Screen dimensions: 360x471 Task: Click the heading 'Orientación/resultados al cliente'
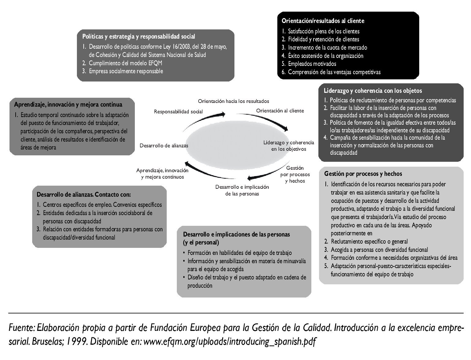[x=323, y=21]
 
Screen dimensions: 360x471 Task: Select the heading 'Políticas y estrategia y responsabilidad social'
[x=139, y=36]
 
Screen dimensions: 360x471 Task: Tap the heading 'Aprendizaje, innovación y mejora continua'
[x=68, y=104]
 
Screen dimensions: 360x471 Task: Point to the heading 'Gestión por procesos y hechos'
[x=363, y=174]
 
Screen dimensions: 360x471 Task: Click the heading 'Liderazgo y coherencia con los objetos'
[x=373, y=91]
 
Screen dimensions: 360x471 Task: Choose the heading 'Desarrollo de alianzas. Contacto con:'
[x=83, y=195]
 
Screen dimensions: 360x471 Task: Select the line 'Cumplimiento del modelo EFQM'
[x=125, y=63]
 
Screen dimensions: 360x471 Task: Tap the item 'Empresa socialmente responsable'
[x=126, y=71]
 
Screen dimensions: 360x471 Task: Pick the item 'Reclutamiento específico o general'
[x=369, y=241]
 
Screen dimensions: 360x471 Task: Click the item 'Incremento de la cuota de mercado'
[x=327, y=47]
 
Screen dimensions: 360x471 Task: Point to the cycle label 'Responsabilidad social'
[x=178, y=112]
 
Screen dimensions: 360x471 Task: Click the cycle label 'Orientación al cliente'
[x=280, y=111]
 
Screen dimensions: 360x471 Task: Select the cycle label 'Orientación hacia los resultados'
[x=233, y=101]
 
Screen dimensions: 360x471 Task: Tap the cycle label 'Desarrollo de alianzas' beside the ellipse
[x=164, y=146]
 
